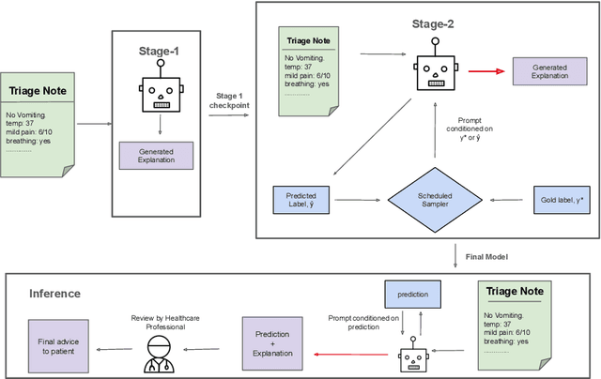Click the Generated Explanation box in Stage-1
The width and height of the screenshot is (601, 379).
pos(155,155)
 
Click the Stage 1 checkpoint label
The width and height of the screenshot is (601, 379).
pos(228,99)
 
